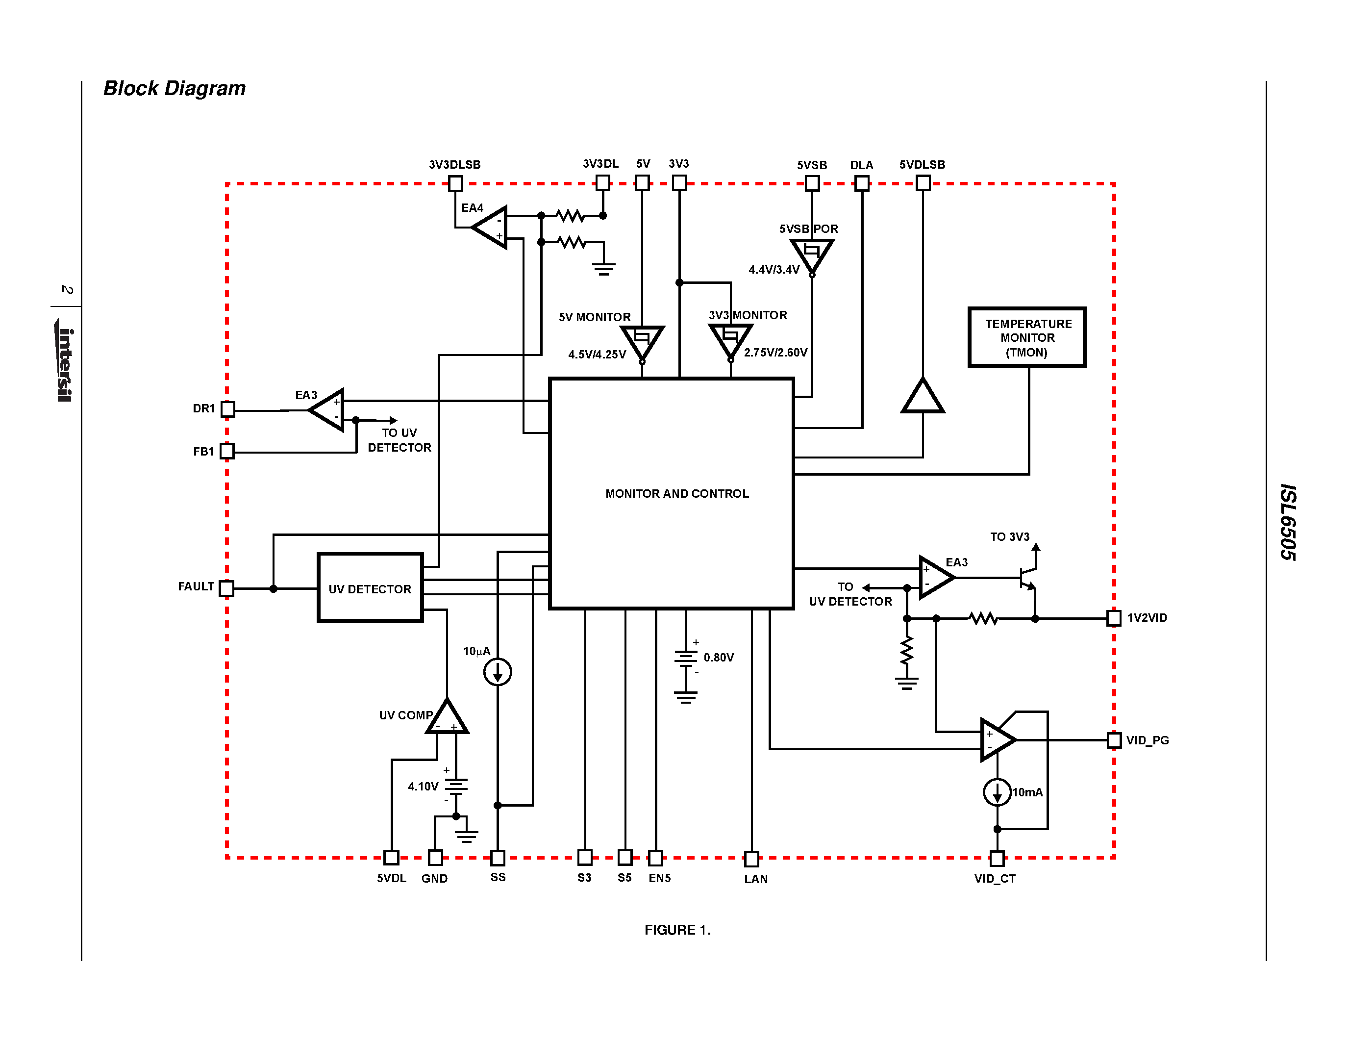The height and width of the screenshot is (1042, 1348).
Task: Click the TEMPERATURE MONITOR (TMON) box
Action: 1026,337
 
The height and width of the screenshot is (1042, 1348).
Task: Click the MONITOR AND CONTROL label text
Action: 676,493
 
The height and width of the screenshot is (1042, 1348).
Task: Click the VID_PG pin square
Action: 1114,740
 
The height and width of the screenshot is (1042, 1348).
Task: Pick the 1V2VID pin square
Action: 1114,618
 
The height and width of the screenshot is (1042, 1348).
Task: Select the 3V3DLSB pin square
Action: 455,183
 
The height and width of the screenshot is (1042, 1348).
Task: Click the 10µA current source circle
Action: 498,672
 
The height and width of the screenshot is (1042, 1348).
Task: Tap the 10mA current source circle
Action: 997,792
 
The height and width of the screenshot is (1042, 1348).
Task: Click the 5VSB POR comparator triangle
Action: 812,254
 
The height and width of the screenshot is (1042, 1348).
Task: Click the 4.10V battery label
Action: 423,787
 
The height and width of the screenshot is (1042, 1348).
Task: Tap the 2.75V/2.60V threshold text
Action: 775,353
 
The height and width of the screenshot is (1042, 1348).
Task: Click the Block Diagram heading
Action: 174,88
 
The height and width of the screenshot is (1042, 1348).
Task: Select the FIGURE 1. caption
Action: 677,930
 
